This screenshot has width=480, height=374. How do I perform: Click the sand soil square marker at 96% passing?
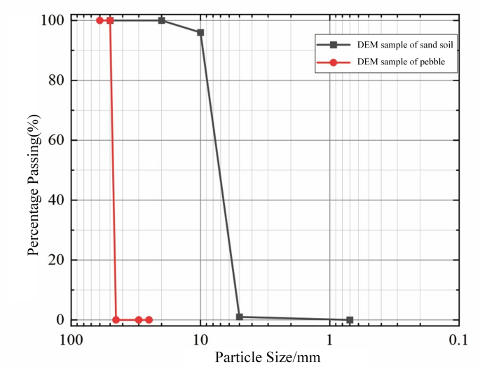click(x=200, y=32)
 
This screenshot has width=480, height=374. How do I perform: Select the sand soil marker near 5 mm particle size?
click(x=240, y=317)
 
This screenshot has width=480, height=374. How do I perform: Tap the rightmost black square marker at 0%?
click(x=350, y=319)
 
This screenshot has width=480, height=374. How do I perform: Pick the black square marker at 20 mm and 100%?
click(x=162, y=20)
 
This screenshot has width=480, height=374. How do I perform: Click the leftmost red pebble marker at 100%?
click(x=100, y=20)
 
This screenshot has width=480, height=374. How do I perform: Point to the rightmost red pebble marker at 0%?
click(x=149, y=319)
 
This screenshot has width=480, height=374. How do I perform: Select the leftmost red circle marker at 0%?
click(x=116, y=319)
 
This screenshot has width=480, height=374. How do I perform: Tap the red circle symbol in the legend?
click(x=334, y=62)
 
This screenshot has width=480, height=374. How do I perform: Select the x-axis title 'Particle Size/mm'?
click(x=268, y=359)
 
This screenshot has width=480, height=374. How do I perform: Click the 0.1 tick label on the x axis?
click(x=458, y=340)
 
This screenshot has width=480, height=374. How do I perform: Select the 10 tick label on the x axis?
click(x=200, y=340)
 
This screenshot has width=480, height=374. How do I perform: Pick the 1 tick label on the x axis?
click(x=330, y=340)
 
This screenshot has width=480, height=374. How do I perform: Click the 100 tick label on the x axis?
click(x=70, y=340)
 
